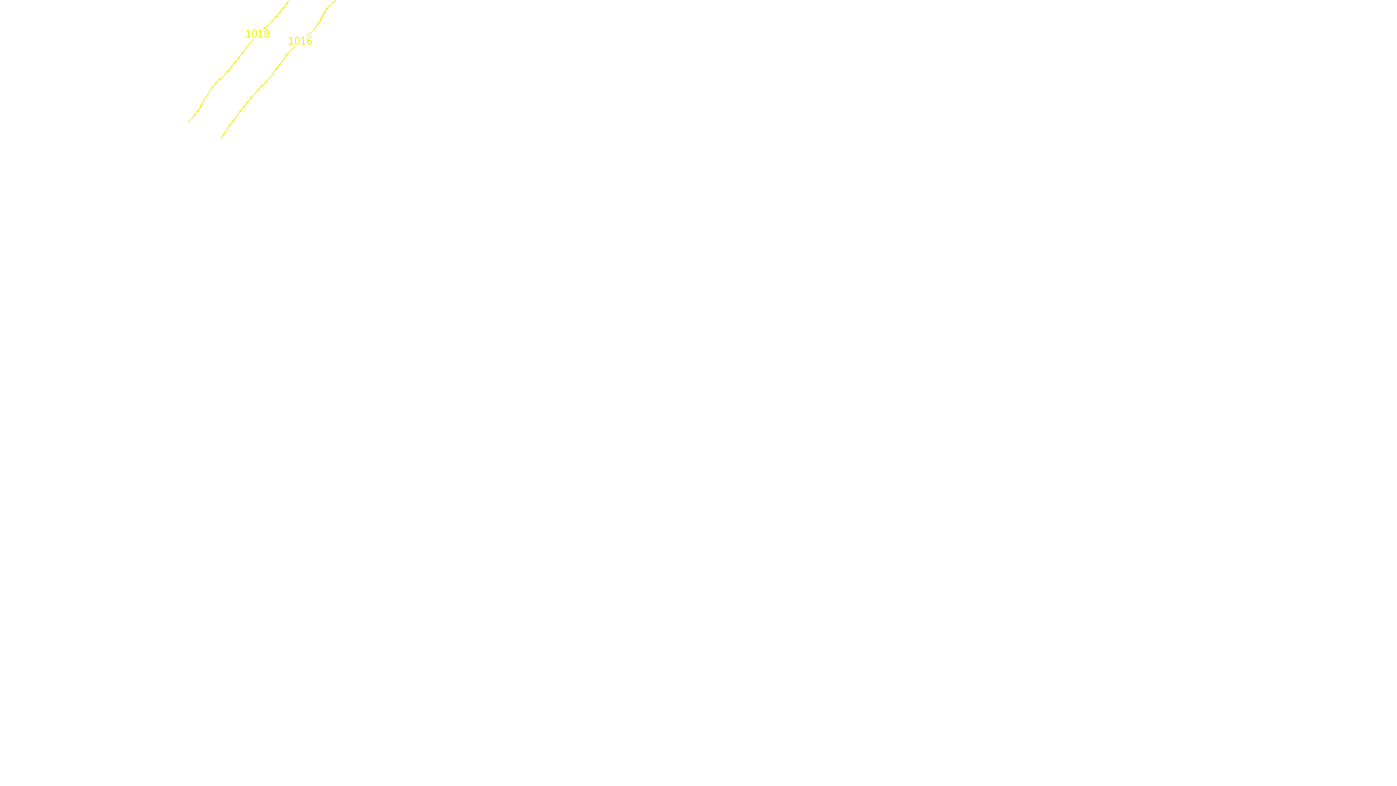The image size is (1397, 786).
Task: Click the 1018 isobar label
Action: [x=257, y=34]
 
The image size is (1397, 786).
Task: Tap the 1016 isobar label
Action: [x=299, y=41]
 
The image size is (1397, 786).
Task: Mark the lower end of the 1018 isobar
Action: [x=189, y=121]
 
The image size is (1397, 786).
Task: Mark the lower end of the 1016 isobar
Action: [x=222, y=138]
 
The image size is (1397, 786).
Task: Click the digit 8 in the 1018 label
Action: [x=266, y=34]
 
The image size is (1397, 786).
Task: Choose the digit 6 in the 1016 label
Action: [x=309, y=41]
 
